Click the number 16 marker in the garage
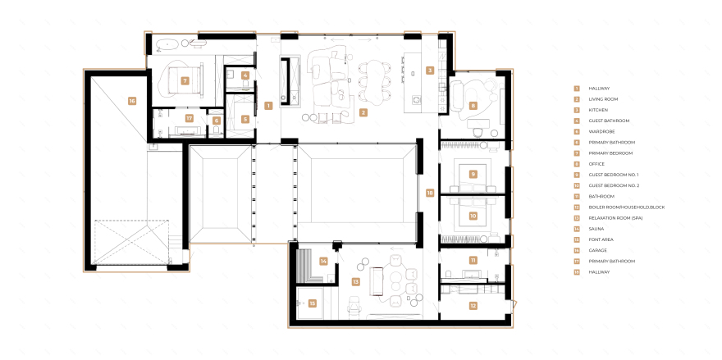132,100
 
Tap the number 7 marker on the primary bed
185,80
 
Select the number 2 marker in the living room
363,112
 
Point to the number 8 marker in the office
473,105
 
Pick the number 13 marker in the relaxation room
355,280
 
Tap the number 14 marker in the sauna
324,261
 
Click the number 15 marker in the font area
313,303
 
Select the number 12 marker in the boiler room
473,305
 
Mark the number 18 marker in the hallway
429,193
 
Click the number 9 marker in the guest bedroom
473,174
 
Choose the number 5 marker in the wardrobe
244,119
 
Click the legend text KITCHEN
598,110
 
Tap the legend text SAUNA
596,229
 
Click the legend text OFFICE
596,164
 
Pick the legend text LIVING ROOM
603,99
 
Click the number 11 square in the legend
577,197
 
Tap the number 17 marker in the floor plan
189,118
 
